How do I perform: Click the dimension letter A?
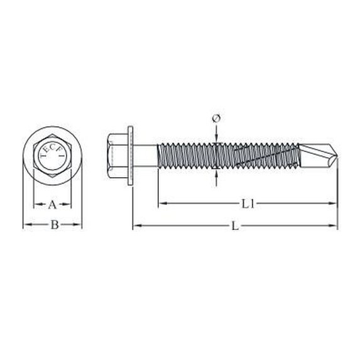coord(52,205)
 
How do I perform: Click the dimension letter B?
coord(55,225)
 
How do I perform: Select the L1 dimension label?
coord(248,204)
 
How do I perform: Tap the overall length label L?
coord(235,226)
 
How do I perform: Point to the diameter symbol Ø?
coord(216,119)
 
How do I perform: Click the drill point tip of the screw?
coord(338,156)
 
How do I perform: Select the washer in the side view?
coord(131,155)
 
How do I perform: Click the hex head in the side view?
coord(117,156)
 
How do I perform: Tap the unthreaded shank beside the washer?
coord(145,156)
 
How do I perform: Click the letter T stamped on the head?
coord(42,156)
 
